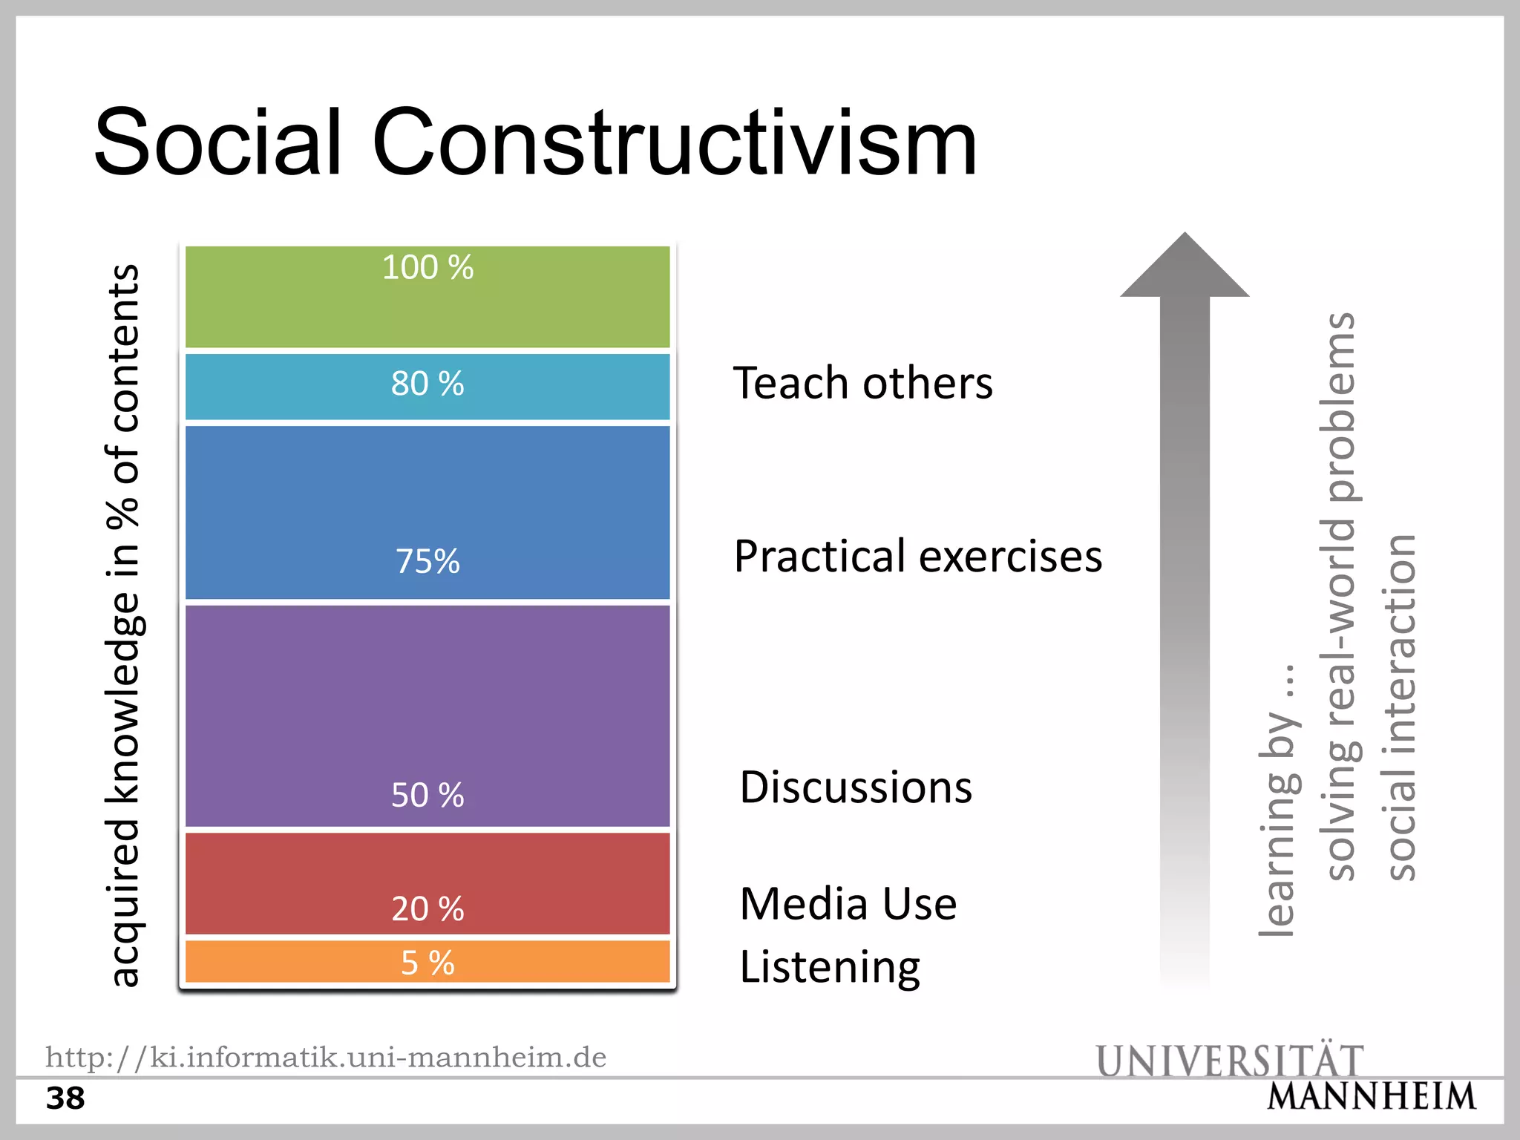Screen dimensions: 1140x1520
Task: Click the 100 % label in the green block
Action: (427, 268)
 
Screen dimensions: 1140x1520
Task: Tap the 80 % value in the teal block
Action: (427, 384)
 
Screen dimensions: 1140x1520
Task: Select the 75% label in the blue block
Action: (427, 561)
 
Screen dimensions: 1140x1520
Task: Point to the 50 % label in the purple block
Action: (427, 795)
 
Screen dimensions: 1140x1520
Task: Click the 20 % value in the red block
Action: (427, 909)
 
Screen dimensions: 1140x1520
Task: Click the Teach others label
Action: (862, 383)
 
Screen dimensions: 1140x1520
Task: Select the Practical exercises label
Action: (918, 556)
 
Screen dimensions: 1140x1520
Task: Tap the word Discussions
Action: (856, 787)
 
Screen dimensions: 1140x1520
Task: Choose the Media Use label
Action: (848, 904)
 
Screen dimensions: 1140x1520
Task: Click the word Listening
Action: (830, 967)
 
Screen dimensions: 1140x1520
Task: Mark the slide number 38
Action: (65, 1098)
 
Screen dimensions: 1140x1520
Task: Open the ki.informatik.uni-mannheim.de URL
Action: (326, 1057)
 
